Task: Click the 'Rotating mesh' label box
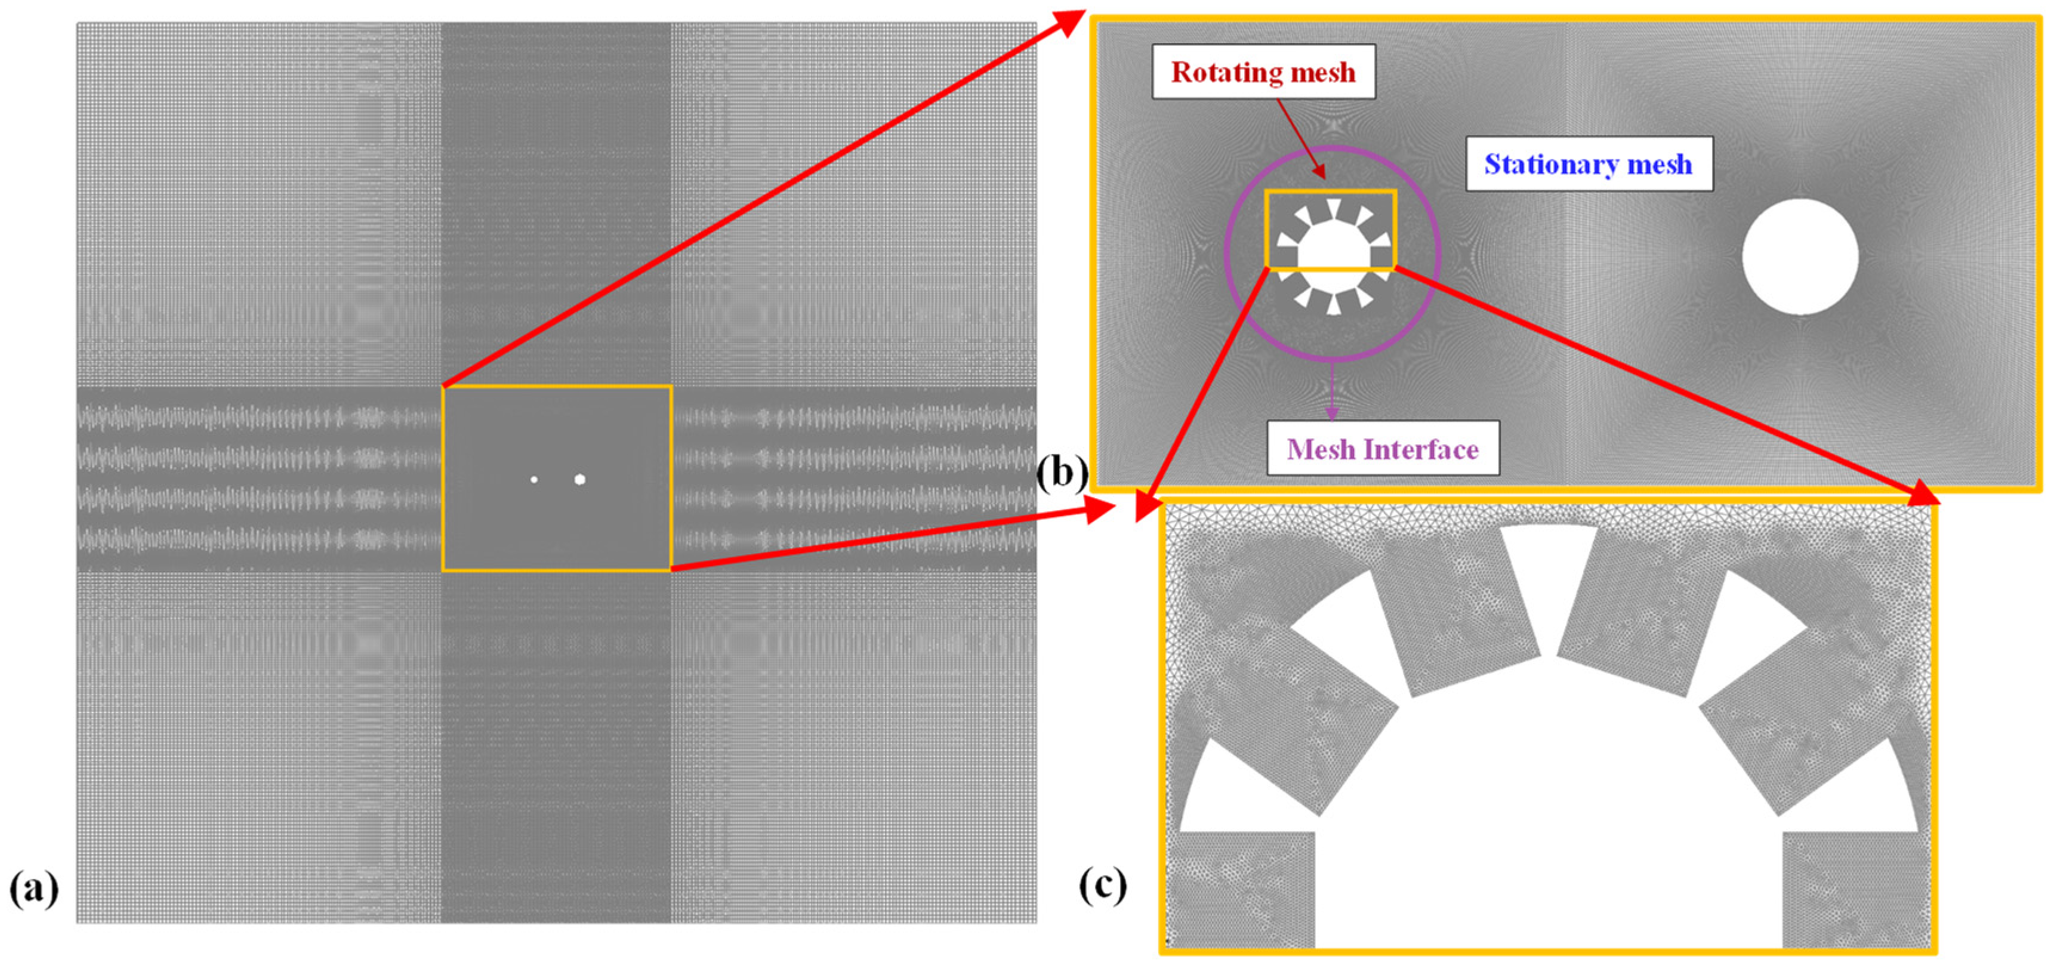[x=1263, y=72]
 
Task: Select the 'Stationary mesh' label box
[x=1589, y=164]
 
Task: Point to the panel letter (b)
[x=1062, y=473]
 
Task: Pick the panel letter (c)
[x=1103, y=884]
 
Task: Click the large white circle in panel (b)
[x=1799, y=257]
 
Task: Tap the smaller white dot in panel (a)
[x=533, y=479]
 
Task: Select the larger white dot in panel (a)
[x=579, y=479]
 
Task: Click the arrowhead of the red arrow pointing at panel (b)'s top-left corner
[x=1072, y=19]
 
